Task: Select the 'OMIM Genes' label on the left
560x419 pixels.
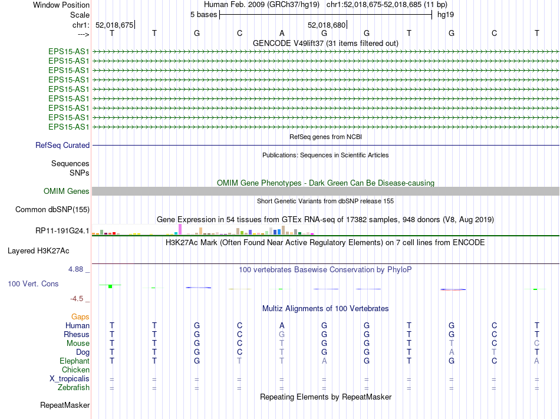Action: coord(67,191)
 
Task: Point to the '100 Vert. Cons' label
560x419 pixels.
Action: coord(33,283)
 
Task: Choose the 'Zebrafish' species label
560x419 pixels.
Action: coord(74,387)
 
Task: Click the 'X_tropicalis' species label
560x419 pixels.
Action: coord(70,378)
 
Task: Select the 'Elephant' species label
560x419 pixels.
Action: coord(74,361)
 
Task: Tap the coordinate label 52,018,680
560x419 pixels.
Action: coord(327,25)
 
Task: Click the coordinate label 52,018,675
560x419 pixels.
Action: coord(114,25)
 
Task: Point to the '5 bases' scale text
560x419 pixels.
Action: coord(203,14)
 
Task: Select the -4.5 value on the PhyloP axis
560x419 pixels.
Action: coord(77,298)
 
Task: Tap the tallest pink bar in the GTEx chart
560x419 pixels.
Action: coord(180,229)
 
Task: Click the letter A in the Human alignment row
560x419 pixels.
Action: coord(282,325)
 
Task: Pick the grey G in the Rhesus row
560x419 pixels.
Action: coord(282,334)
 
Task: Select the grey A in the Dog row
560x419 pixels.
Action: coord(452,352)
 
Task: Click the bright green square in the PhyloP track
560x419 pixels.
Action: coord(110,286)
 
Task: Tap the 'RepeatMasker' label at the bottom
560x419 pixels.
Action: coord(65,405)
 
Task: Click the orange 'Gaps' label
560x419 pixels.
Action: coord(80,316)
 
